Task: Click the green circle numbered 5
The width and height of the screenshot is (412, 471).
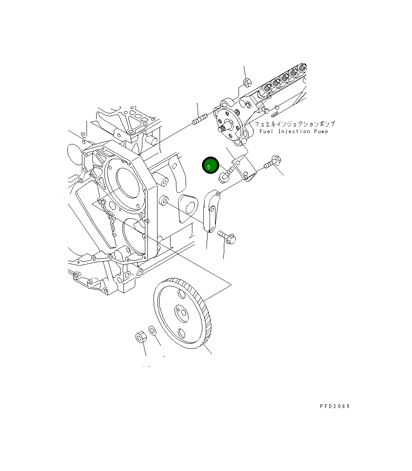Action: click(x=210, y=165)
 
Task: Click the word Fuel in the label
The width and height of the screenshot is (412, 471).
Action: click(x=266, y=131)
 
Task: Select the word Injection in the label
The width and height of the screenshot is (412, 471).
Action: click(x=294, y=131)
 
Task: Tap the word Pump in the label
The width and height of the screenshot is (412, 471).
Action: click(x=321, y=131)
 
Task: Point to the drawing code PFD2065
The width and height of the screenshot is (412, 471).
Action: click(x=335, y=406)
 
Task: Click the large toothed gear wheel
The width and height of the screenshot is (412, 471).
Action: click(x=182, y=313)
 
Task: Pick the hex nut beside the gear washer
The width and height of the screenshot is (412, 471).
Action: click(x=141, y=337)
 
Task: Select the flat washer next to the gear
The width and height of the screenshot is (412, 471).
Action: click(x=152, y=330)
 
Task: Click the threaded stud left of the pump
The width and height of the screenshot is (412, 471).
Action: click(x=199, y=119)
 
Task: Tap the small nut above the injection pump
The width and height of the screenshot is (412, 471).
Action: click(x=247, y=82)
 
